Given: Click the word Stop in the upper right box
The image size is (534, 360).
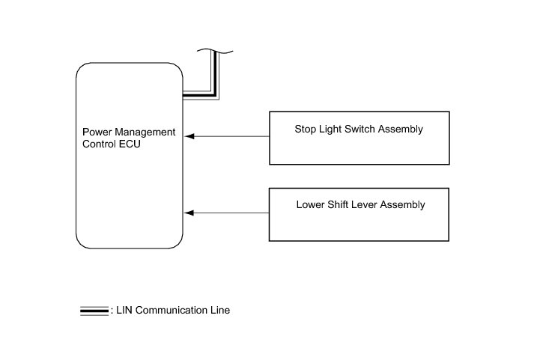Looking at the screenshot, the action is (x=305, y=129).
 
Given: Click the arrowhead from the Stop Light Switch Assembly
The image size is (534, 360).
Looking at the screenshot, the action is (x=189, y=136).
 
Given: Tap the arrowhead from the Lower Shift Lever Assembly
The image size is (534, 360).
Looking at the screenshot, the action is (x=189, y=213).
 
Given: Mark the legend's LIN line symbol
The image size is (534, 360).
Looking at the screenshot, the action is (x=94, y=311).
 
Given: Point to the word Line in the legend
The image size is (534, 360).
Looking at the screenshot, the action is (x=217, y=311).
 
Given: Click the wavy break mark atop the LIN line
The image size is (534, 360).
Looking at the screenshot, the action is (x=215, y=51).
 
